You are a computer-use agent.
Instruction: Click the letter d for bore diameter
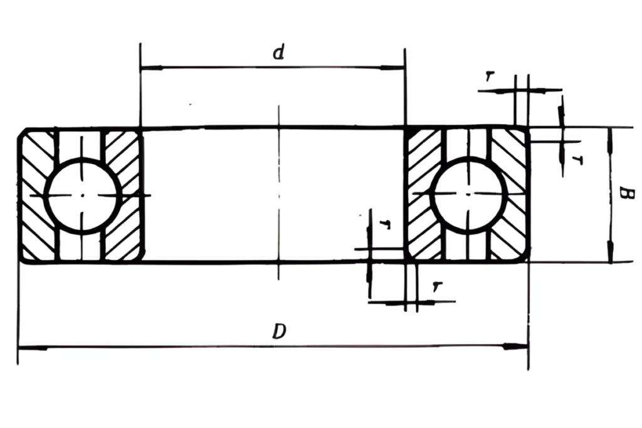point(278,53)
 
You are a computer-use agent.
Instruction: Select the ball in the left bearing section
point(82,196)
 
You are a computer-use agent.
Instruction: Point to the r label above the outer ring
point(489,76)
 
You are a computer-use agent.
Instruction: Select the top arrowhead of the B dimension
point(611,135)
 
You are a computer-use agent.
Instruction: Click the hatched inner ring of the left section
point(124,196)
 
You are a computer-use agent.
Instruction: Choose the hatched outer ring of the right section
point(511,196)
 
